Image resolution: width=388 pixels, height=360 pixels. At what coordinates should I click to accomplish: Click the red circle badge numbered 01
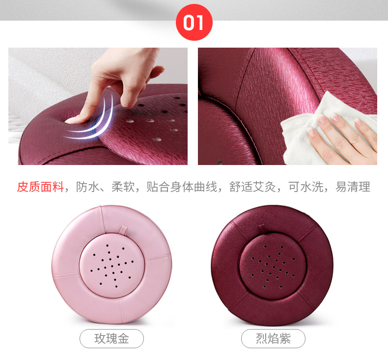point(194,22)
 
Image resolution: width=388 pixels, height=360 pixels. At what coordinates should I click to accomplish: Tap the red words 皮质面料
point(41,187)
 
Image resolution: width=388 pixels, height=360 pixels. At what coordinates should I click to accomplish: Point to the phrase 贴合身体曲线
point(182,187)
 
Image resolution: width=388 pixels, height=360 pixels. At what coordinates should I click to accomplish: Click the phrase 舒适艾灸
point(252,187)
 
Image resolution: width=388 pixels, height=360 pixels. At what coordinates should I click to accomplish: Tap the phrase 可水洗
point(306,187)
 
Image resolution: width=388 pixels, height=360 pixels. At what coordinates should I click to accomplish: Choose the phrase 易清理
point(353,187)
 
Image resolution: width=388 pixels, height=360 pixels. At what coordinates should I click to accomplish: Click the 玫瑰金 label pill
point(111,338)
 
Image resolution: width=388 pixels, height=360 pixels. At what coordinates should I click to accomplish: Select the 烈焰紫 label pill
point(273,338)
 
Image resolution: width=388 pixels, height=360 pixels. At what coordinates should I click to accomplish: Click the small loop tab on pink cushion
point(123,230)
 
